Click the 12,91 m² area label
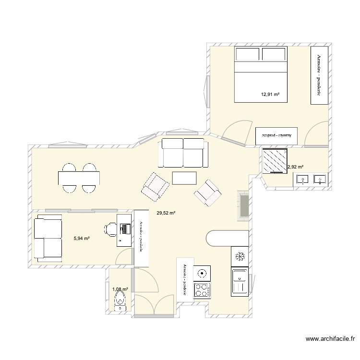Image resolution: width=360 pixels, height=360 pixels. tap(270, 94)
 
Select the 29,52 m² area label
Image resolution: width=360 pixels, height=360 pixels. tap(166, 213)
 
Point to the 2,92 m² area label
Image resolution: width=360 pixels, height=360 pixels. tap(295, 167)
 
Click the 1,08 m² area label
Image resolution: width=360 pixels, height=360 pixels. tap(120, 289)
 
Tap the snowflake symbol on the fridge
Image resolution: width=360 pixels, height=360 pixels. tap(240, 256)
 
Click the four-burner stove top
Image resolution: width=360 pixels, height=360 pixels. tap(201, 290)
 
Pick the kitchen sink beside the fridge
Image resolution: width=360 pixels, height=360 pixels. tap(239, 280)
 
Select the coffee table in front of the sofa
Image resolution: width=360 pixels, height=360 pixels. tap(184, 178)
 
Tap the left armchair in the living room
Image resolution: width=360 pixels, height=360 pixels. tap(155, 186)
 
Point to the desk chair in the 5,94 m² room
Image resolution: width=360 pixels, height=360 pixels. tap(110, 229)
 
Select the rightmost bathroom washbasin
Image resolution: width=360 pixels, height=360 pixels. tap(319, 180)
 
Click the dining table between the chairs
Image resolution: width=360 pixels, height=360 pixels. tap(79, 178)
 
